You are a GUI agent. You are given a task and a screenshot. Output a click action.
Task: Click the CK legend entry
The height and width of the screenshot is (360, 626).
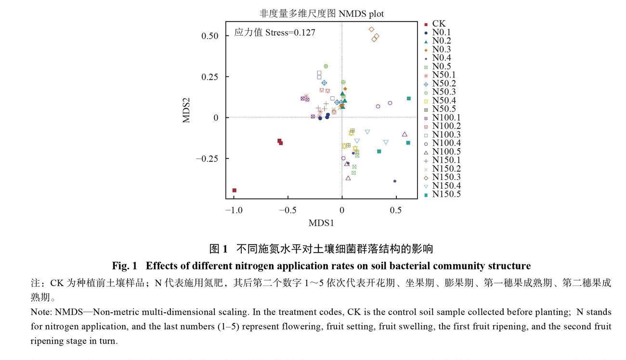438,24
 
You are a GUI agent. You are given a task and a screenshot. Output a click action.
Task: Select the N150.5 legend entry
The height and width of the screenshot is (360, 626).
446,194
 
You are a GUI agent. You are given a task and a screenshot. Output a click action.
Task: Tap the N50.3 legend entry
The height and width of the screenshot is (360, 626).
443,92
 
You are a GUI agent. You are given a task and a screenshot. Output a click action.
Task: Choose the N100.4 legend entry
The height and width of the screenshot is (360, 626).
446,143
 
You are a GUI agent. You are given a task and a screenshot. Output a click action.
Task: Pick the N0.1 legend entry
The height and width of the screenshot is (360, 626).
441,32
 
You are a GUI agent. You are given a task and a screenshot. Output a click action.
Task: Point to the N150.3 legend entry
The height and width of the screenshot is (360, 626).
446,178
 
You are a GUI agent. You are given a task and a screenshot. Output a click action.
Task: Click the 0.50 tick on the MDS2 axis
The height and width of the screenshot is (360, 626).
209,36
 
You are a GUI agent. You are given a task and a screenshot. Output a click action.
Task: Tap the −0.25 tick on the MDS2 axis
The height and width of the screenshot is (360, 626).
207,159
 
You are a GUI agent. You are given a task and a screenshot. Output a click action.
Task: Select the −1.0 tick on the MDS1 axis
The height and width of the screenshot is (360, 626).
234,210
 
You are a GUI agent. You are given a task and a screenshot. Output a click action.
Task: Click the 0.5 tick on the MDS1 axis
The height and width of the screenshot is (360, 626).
395,210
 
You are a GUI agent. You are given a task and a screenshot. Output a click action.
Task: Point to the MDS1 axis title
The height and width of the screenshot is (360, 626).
321,223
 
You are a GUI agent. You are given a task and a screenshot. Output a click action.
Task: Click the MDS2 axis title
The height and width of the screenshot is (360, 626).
186,110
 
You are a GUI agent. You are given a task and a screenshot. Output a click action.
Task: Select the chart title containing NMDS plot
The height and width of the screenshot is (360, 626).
321,14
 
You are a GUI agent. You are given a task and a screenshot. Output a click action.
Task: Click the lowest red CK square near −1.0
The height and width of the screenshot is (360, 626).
235,191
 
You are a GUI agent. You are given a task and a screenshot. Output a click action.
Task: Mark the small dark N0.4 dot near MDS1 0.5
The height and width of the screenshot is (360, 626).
395,181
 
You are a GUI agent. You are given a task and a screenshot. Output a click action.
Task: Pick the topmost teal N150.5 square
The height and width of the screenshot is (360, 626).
409,99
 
